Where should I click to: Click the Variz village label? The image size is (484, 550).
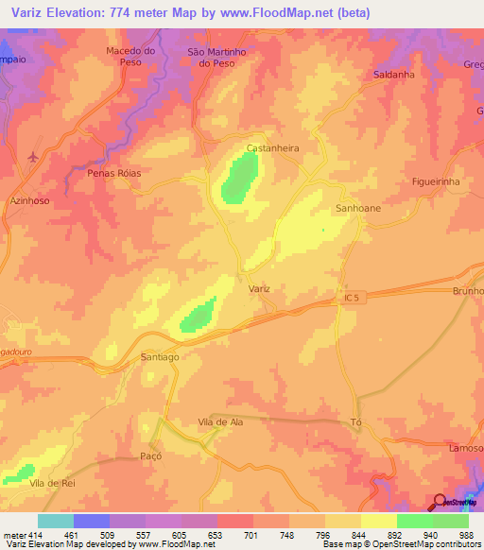pos(259,288)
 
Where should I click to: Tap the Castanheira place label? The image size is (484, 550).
pos(272,148)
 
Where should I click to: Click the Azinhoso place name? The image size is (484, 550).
pos(28,201)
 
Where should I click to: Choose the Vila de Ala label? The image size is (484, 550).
pos(220,422)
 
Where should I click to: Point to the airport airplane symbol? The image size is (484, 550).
pos(36,156)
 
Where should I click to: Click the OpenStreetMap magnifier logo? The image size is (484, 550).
pos(440,503)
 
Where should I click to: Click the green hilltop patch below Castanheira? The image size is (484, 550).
pos(241,178)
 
